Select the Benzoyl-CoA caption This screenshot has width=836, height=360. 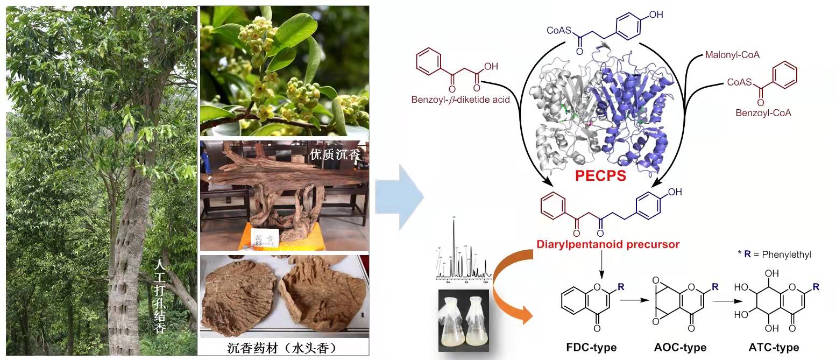point(762,114)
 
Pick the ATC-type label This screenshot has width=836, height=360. point(773,347)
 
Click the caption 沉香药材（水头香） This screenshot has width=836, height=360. point(283,348)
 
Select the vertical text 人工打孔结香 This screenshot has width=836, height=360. point(159,297)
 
